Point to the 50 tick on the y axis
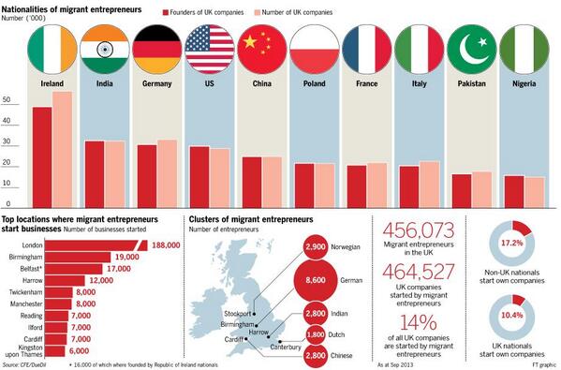(7, 100)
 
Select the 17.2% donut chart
(513, 242)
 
